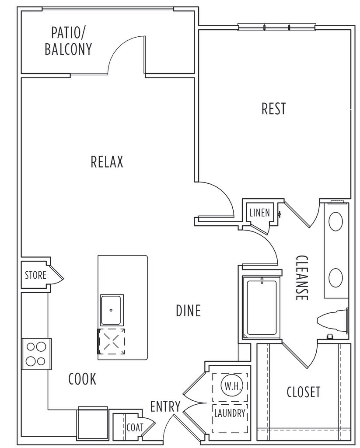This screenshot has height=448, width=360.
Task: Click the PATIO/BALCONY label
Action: (68, 41)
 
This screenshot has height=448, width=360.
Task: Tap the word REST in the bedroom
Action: (273, 108)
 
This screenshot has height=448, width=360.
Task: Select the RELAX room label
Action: (107, 162)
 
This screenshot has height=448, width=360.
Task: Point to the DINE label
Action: (188, 311)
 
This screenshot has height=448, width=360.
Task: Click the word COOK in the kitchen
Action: (82, 379)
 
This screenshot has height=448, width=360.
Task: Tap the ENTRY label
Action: (165, 406)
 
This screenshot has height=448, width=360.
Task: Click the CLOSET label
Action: (303, 392)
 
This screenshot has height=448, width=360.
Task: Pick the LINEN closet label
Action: (260, 213)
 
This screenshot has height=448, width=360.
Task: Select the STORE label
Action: (35, 276)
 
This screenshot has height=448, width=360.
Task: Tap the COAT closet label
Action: (135, 427)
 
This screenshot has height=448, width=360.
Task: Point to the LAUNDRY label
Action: (230, 413)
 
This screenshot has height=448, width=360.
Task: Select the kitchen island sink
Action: (112, 310)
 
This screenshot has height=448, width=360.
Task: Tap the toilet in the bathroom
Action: (332, 320)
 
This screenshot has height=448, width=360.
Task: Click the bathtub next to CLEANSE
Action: (261, 308)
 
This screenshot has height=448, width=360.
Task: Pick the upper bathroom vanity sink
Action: (336, 221)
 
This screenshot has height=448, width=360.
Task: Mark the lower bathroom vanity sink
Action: (336, 277)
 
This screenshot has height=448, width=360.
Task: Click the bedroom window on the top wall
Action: (276, 27)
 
